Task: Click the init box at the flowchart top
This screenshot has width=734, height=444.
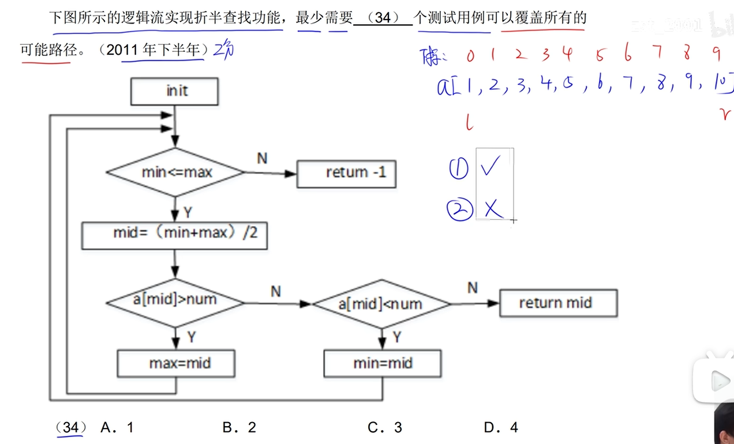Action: point(175,92)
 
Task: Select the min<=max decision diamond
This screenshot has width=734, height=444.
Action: point(176,172)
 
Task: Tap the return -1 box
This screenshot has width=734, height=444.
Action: point(346,172)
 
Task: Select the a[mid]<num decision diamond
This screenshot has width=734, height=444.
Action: point(381,303)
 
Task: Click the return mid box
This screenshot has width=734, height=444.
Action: point(557,303)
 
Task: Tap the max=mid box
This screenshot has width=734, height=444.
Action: point(176,364)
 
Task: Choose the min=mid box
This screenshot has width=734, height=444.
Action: point(382,364)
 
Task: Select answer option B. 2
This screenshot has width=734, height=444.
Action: point(239,427)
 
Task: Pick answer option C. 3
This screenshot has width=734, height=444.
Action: point(385,427)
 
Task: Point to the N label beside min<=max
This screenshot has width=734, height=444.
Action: point(262,158)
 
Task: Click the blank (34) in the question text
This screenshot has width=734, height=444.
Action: point(383,18)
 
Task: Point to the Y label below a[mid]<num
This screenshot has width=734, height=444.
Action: point(396,337)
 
